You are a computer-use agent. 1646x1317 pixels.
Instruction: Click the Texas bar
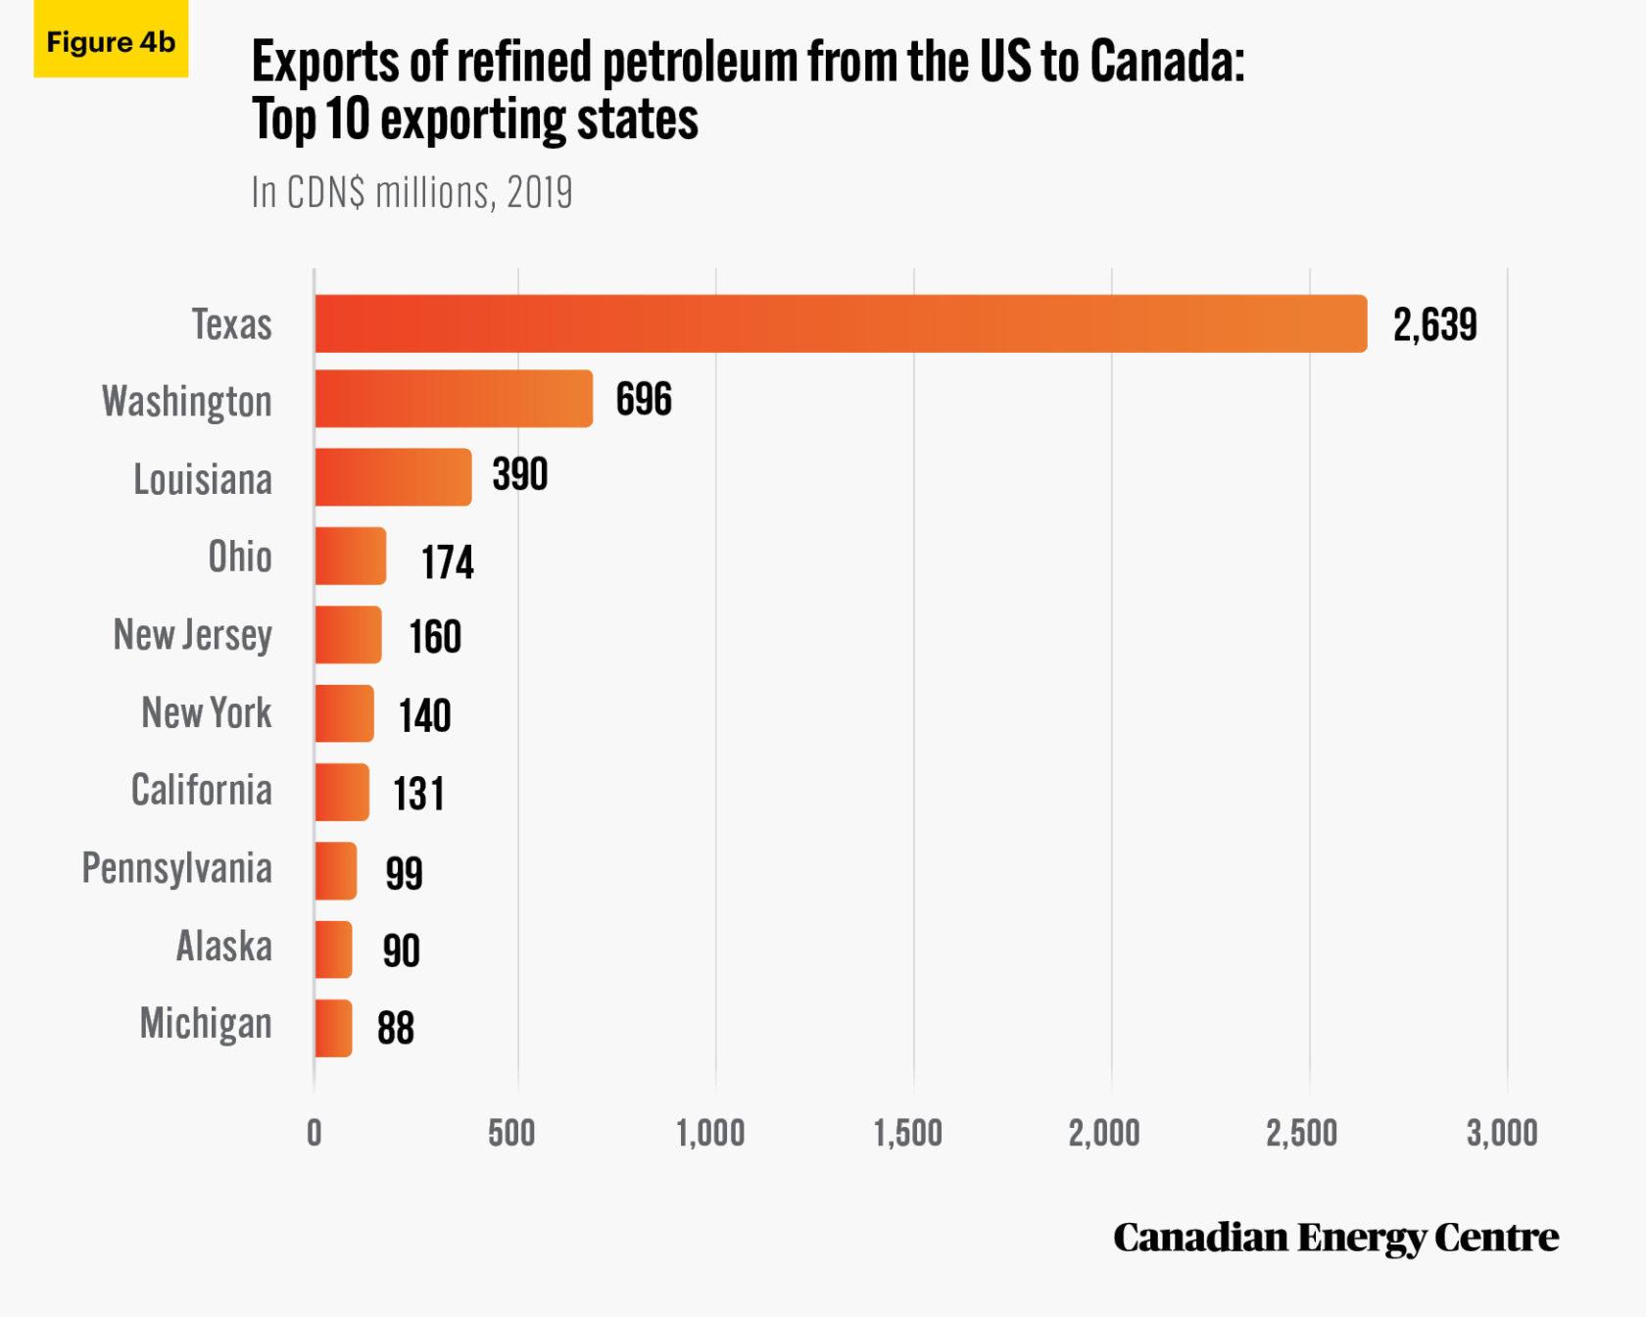click(x=841, y=323)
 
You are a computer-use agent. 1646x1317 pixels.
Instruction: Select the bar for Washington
click(x=454, y=399)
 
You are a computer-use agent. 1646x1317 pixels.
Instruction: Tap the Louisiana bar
click(x=393, y=477)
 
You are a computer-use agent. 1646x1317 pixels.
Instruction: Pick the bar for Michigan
click(x=333, y=1028)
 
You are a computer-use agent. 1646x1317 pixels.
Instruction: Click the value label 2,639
click(x=1434, y=324)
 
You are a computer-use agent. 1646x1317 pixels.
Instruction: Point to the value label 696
click(x=644, y=399)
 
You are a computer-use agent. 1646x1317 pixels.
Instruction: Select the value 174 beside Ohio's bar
click(x=448, y=562)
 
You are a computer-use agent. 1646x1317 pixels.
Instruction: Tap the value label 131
click(x=419, y=794)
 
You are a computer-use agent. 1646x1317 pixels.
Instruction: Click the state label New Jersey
click(x=193, y=635)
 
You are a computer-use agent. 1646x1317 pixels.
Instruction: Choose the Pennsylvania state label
click(x=177, y=868)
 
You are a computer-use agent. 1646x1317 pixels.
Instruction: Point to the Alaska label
click(x=224, y=947)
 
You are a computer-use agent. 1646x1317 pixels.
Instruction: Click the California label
click(x=202, y=790)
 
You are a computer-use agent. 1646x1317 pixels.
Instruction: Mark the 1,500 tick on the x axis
click(x=908, y=1134)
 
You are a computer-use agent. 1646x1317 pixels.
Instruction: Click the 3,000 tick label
click(x=1502, y=1134)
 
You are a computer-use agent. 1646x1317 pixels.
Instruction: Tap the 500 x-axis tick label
click(x=511, y=1134)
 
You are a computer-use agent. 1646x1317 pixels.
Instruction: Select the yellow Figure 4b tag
click(x=111, y=41)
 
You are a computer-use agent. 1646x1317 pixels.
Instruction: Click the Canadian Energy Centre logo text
click(x=1335, y=1238)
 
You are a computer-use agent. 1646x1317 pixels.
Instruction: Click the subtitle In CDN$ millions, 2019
click(x=411, y=193)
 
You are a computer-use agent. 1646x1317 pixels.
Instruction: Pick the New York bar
click(x=344, y=713)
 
